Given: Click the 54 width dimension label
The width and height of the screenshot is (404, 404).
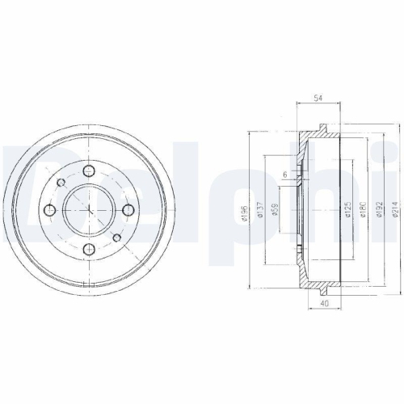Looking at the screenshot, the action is coord(318,98).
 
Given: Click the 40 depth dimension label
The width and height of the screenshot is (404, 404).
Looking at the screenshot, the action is coord(325,304).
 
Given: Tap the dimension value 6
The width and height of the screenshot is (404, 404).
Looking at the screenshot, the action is coord(285,175).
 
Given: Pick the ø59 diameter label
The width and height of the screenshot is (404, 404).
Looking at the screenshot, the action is coord(275,210).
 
